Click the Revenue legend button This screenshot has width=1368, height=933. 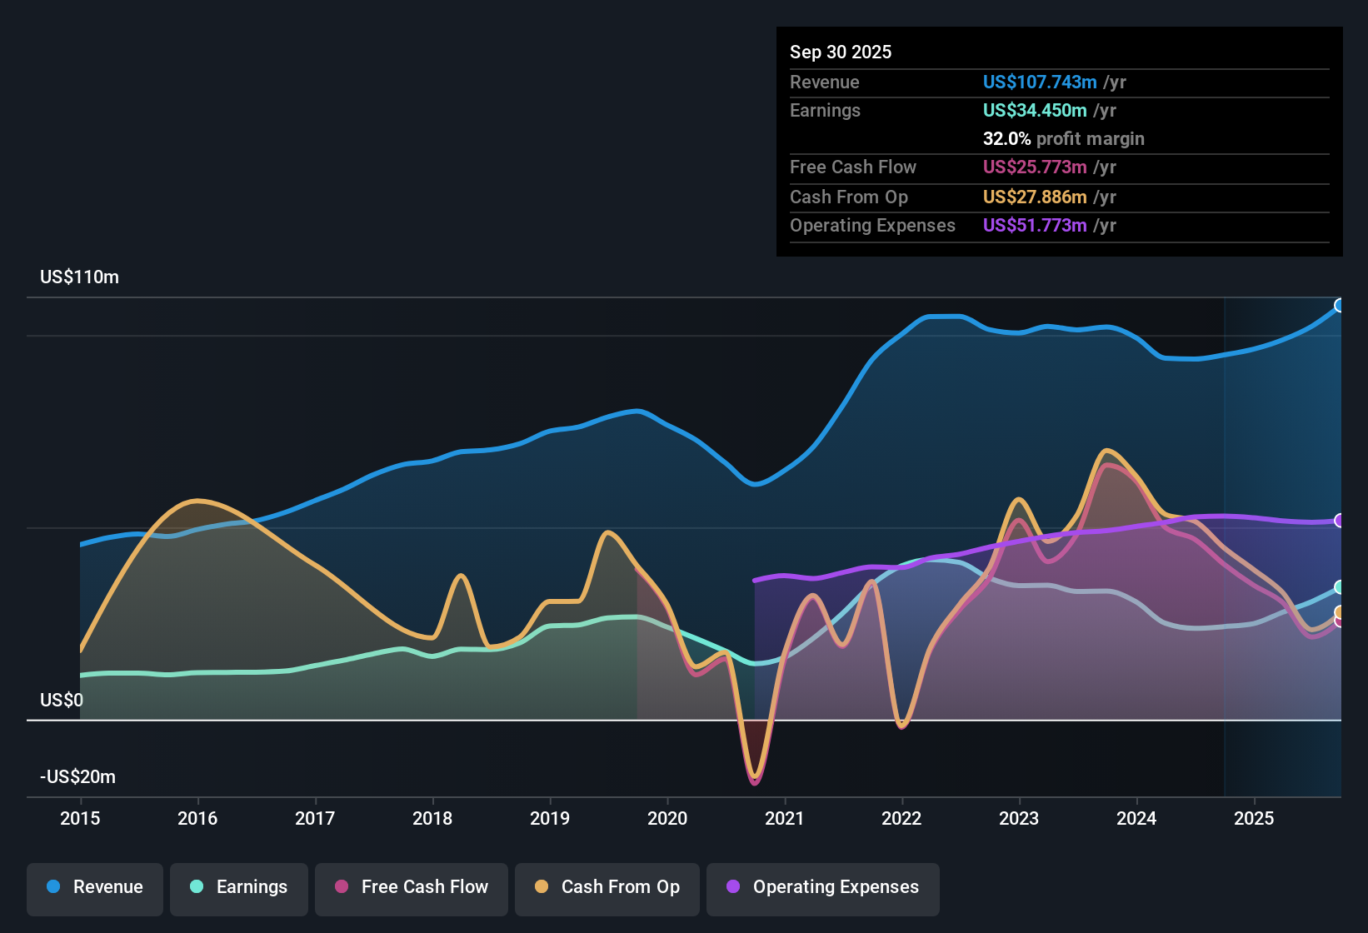[95, 887]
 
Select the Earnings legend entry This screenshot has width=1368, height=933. [239, 887]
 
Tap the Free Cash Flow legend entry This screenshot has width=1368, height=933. [412, 887]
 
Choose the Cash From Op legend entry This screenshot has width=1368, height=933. [607, 887]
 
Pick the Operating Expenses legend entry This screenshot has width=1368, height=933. [823, 887]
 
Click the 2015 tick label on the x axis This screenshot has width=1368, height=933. [80, 818]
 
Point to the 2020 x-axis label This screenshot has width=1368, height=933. [667, 818]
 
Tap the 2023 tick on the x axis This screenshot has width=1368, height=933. [1019, 818]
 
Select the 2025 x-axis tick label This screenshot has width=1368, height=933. [1254, 818]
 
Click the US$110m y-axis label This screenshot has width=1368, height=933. [79, 277]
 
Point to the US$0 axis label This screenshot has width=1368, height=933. [62, 700]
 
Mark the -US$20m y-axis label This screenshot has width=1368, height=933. [77, 777]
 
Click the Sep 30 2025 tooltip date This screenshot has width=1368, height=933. [841, 52]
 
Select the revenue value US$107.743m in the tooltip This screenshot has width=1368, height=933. [1040, 82]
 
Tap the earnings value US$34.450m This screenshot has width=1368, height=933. [1035, 111]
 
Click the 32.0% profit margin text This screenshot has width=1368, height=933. [1063, 139]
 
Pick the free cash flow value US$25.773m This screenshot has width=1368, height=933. [1035, 167]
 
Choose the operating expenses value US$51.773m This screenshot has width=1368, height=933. [1035, 226]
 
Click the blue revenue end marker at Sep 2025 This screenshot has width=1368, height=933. [1340, 306]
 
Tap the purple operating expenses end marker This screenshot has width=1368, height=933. [1340, 521]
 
